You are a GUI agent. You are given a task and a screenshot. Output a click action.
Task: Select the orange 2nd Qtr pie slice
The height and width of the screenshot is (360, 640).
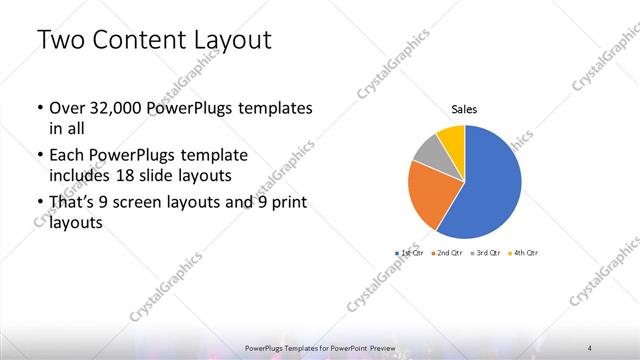point(433,193)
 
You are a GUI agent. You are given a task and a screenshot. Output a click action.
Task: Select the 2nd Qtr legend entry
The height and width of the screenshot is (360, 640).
point(449,253)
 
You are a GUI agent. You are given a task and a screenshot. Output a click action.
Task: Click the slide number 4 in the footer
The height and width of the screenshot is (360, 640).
point(590,348)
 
